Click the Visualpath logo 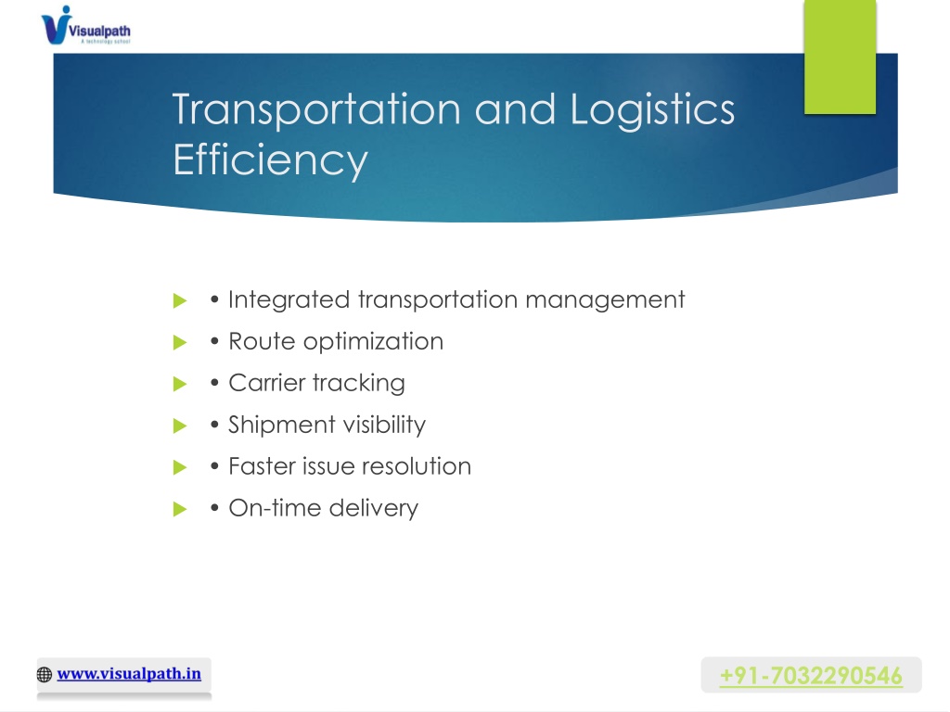tap(85, 25)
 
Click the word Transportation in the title tap(317, 109)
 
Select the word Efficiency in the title tap(270, 160)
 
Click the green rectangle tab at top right tap(840, 57)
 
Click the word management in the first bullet tap(605, 300)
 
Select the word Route tap(262, 341)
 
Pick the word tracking tap(359, 384)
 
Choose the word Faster tap(261, 467)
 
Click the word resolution tap(417, 467)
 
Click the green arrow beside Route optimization tap(180, 343)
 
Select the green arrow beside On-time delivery tap(180, 509)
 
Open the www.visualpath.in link tap(129, 674)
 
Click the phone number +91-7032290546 tap(811, 676)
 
